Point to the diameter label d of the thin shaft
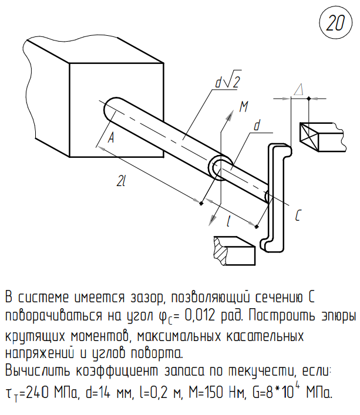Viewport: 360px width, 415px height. point(257,126)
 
